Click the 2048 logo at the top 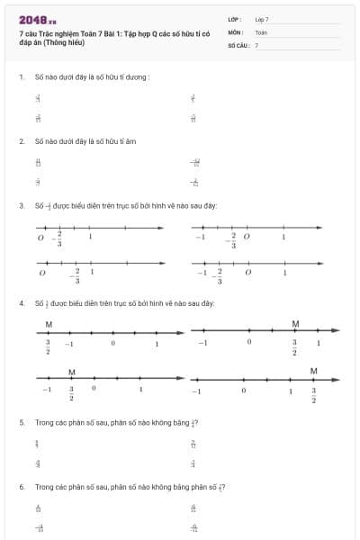[x=37, y=20]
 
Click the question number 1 [x=21, y=76]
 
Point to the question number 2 [x=21, y=141]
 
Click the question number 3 [x=21, y=205]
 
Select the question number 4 [x=21, y=303]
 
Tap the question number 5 [x=21, y=422]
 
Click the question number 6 [x=21, y=487]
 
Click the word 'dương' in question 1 [x=139, y=76]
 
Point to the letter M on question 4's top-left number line [x=49, y=324]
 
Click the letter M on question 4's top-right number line [x=295, y=323]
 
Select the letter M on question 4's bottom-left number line [x=71, y=372]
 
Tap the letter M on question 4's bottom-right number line [x=313, y=371]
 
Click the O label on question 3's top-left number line [x=40, y=238]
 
